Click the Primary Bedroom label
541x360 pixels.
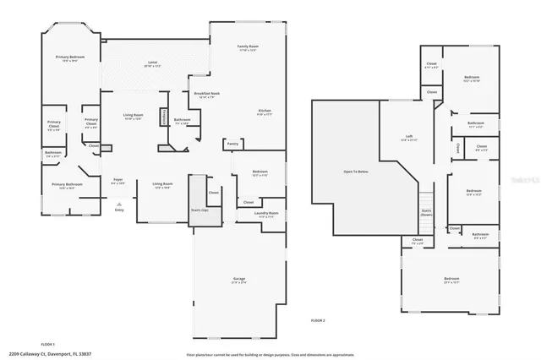click(70, 57)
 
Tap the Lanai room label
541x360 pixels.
click(153, 64)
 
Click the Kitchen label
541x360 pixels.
click(265, 112)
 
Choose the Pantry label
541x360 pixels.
click(232, 144)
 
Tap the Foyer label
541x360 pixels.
click(119, 179)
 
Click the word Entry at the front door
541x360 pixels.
click(119, 209)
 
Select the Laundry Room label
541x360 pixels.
click(268, 214)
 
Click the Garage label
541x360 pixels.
click(239, 278)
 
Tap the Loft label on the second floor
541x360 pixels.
click(407, 138)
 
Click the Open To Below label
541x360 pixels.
click(354, 171)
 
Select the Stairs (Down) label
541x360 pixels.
click(427, 212)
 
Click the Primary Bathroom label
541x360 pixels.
click(67, 185)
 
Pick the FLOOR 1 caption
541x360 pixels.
click(47, 343)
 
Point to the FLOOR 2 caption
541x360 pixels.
click(318, 320)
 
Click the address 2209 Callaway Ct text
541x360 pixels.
click(51, 354)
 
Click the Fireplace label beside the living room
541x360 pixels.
click(163, 116)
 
